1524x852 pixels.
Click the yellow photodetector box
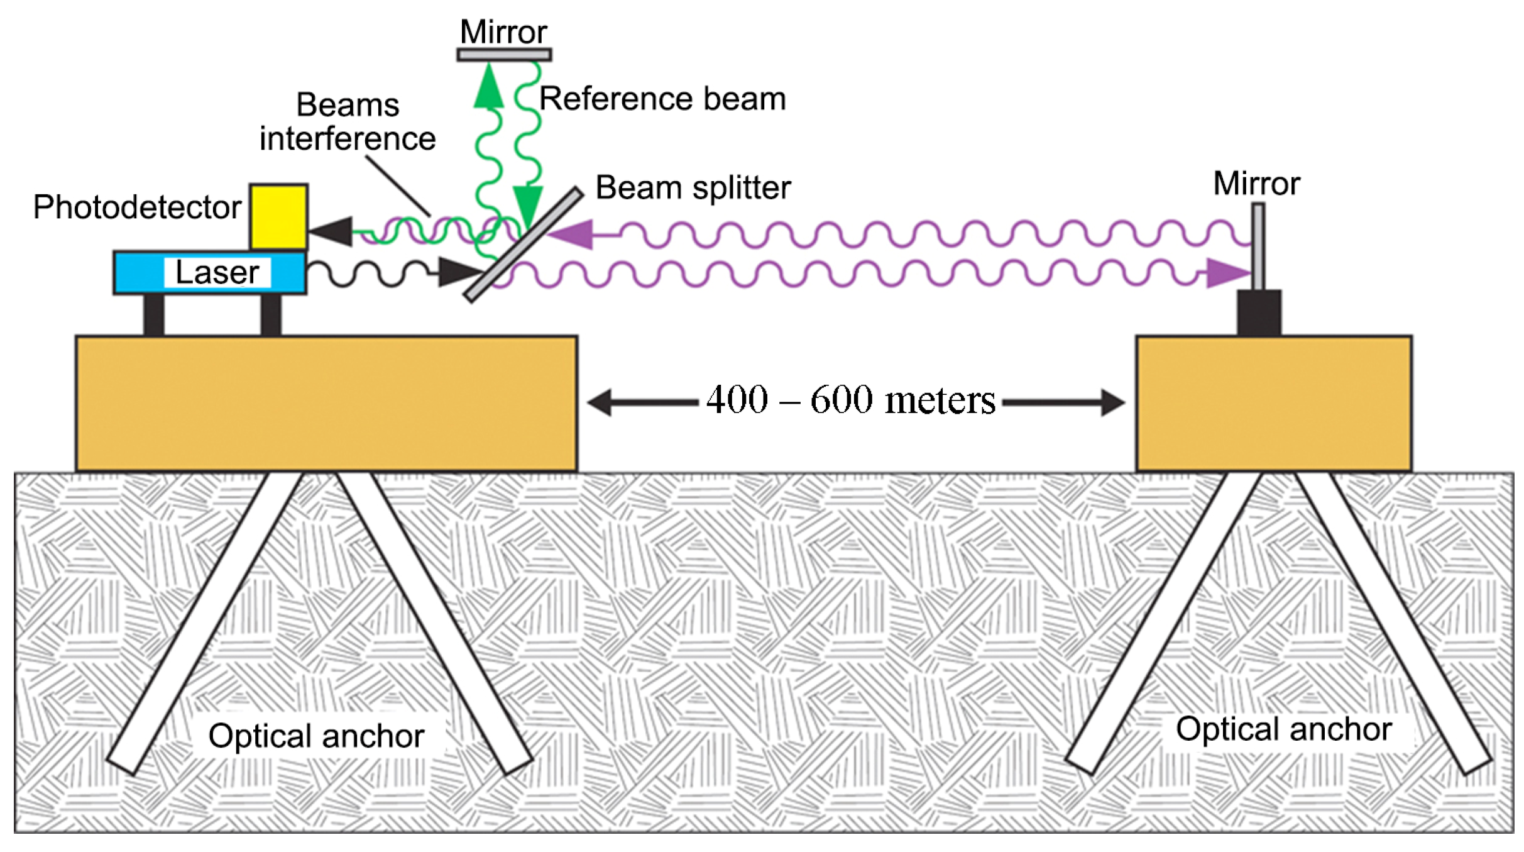[x=278, y=217]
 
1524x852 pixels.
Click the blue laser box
[x=138, y=273]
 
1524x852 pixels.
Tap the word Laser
[x=217, y=272]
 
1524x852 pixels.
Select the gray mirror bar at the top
[x=504, y=55]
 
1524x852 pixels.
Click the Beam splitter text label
[x=693, y=187]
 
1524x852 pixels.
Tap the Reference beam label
[x=662, y=99]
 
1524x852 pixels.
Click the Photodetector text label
[x=137, y=207]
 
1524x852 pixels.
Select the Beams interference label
[x=348, y=122]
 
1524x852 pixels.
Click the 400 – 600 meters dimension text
[x=850, y=400]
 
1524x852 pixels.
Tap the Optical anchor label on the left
[x=316, y=736]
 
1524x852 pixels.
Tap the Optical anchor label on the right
[x=1284, y=729]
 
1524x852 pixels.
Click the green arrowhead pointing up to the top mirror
[x=488, y=87]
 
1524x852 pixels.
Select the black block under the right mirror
[x=1259, y=313]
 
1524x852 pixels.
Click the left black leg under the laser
[x=154, y=315]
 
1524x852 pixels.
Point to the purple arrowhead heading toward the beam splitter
[x=572, y=235]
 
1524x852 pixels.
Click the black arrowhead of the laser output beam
[x=459, y=272]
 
